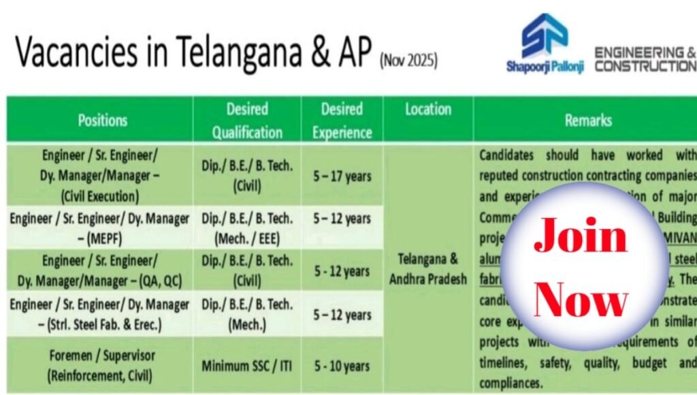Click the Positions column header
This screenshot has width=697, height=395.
[103, 120]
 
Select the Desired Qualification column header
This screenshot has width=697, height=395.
[246, 120]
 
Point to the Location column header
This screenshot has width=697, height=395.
[428, 109]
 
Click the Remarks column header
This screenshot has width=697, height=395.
[587, 120]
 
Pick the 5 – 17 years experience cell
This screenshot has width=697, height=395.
[342, 176]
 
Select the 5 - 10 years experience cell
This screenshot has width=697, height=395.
[342, 366]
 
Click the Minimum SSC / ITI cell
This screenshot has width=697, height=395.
[246, 366]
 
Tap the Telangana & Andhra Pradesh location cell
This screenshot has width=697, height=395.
[428, 269]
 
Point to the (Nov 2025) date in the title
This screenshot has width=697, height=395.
[408, 60]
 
